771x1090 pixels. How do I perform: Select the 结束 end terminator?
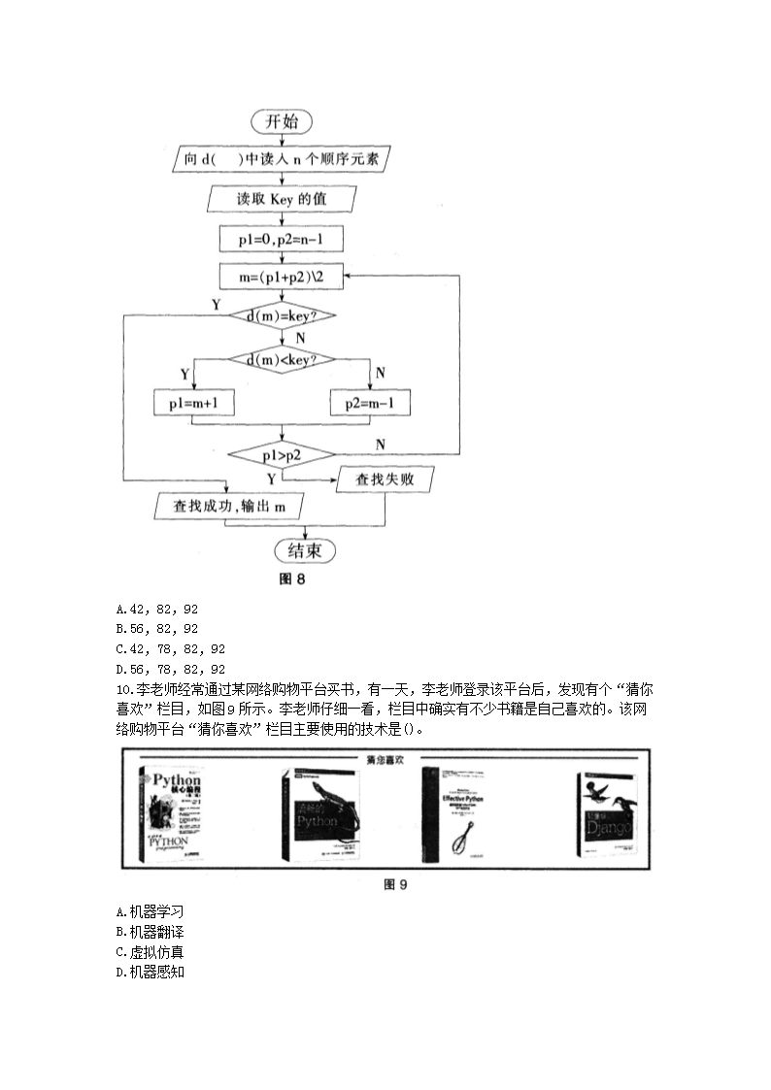point(305,550)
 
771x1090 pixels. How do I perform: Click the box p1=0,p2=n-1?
point(282,238)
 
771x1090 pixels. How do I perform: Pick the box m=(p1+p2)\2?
point(282,277)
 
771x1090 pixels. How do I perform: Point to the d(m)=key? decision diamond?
point(282,316)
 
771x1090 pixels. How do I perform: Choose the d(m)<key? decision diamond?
point(282,360)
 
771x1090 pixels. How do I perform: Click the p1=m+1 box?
point(194,402)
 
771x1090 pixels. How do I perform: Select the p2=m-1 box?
point(370,402)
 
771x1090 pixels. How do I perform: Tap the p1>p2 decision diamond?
point(282,453)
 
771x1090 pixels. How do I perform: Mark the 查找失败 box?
point(385,479)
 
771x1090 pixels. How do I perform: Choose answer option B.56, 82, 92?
point(156,629)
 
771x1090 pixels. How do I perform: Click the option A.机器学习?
point(149,911)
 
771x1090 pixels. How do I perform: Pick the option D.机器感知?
point(149,972)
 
